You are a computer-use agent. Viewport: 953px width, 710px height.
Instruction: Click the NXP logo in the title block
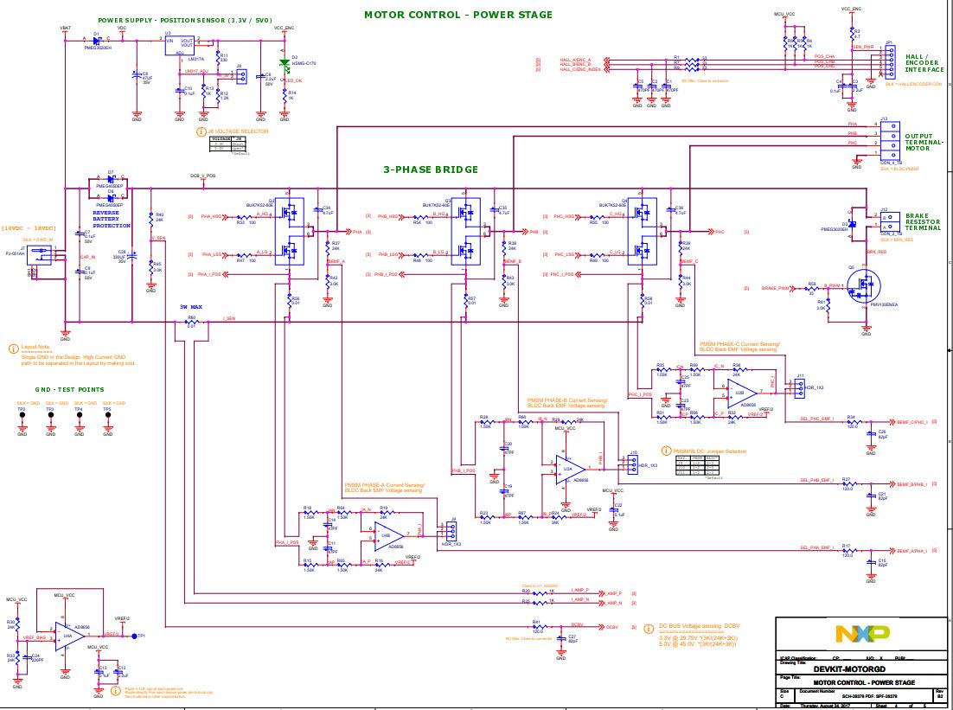point(861,635)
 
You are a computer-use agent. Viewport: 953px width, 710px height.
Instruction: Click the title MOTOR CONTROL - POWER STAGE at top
point(457,15)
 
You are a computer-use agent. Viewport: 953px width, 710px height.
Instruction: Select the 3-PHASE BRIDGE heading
point(431,170)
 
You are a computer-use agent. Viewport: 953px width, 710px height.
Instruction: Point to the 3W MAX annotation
point(190,307)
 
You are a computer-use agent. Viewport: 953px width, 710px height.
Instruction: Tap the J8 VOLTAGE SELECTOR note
point(238,131)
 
